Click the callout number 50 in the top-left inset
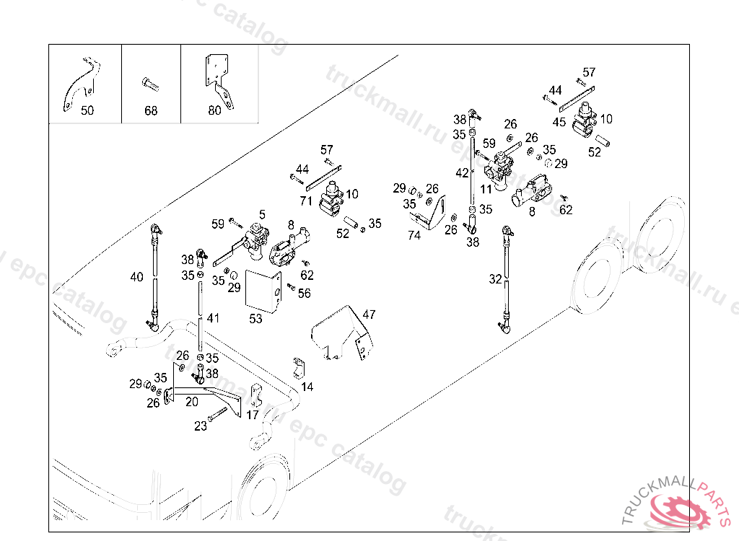87,111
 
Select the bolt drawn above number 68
149,84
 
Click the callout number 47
369,315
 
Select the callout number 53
255,319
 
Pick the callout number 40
136,276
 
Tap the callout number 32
495,279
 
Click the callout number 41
212,317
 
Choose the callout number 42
462,173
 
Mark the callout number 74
414,235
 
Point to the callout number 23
200,426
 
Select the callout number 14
307,387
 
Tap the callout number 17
252,415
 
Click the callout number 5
262,214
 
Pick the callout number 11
486,189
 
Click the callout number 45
559,122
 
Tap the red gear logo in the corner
680,510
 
